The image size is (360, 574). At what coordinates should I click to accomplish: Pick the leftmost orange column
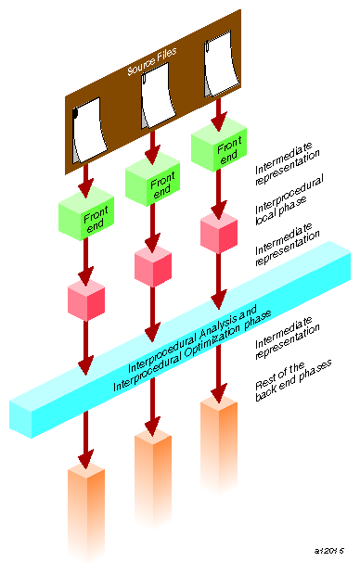coord(86,505)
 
